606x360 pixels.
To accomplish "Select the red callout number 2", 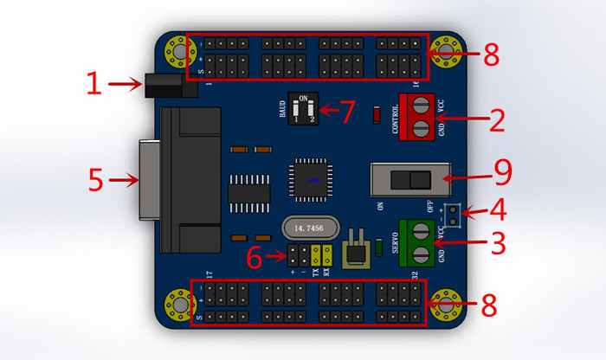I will [496, 119].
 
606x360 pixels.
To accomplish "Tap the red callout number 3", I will [497, 243].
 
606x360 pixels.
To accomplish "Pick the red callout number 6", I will [253, 257].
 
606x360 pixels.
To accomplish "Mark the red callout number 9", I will [503, 171].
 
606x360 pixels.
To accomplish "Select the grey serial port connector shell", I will [148, 181].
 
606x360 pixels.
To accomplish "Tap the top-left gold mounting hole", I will [180, 52].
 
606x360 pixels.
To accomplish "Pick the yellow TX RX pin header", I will [322, 255].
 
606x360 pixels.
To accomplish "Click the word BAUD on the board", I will [282, 109].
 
